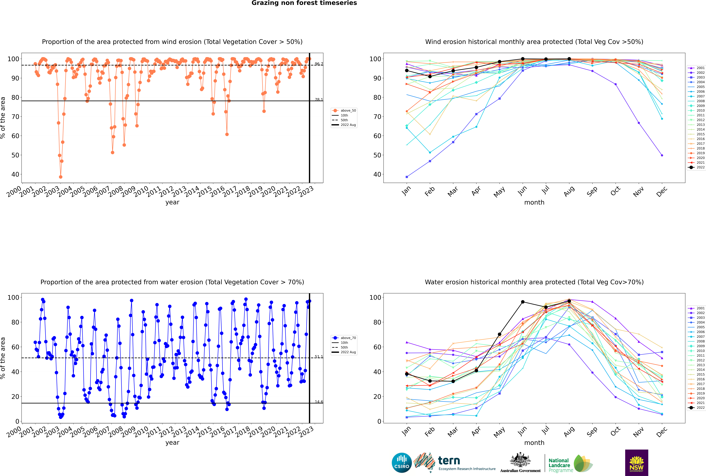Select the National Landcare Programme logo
click(x=570, y=464)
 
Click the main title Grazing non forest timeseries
click(x=304, y=3)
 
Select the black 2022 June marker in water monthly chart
click(x=523, y=302)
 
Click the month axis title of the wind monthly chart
click(x=534, y=203)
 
